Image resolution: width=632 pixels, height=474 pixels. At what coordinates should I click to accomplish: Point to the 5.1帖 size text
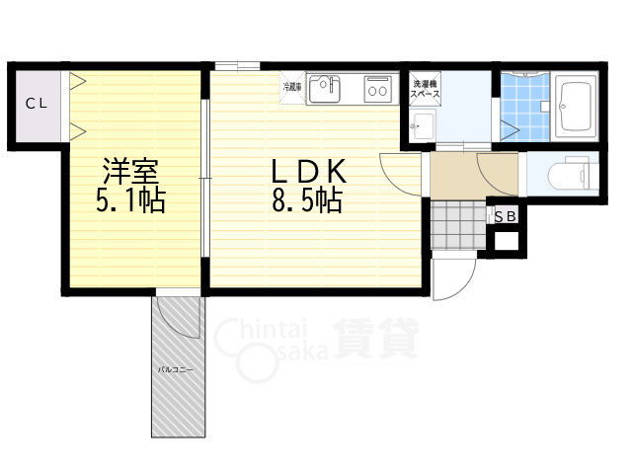(x=130, y=202)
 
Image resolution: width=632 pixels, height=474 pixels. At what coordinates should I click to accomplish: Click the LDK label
(x=307, y=171)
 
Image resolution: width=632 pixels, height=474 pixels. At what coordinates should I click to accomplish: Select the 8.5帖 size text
(x=307, y=202)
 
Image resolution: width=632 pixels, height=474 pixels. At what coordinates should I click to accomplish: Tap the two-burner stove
(x=378, y=90)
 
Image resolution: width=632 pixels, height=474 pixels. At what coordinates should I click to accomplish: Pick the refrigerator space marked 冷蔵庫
(x=292, y=87)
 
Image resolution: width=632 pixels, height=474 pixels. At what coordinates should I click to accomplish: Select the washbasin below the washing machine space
(x=425, y=123)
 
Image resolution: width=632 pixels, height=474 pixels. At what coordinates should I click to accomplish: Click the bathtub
(x=575, y=107)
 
